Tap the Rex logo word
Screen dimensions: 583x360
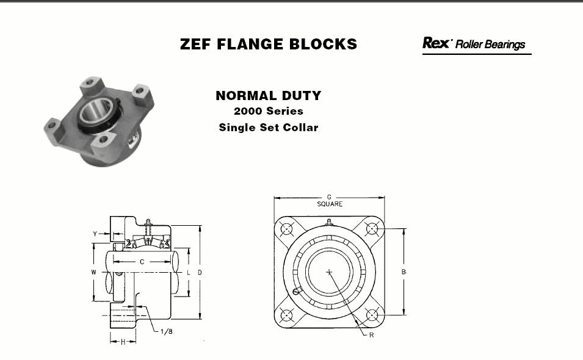436,43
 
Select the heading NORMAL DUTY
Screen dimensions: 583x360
269,96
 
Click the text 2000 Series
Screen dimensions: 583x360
269,111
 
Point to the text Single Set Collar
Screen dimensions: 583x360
269,128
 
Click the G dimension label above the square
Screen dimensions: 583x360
329,197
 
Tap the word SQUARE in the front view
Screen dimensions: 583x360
330,204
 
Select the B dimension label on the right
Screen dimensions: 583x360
404,272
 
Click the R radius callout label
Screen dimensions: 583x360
371,335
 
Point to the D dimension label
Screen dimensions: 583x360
200,273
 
